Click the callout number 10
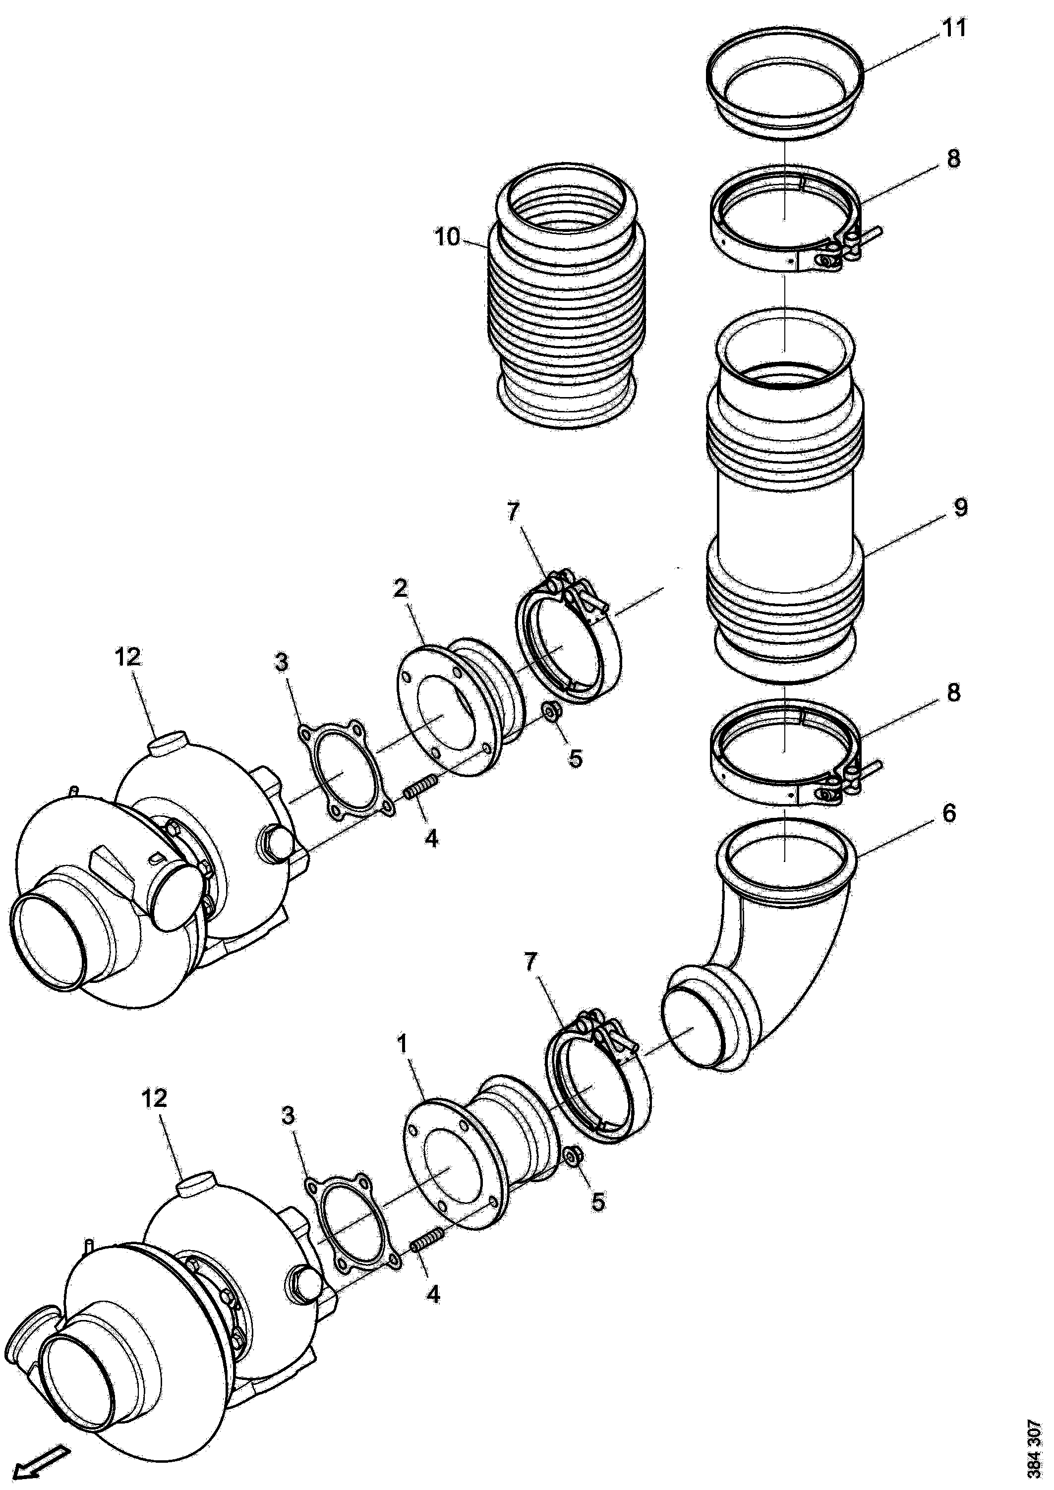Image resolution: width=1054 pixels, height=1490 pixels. point(448,237)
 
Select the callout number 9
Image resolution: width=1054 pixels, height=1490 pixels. point(960,507)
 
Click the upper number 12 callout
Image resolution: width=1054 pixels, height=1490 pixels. point(127,657)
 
